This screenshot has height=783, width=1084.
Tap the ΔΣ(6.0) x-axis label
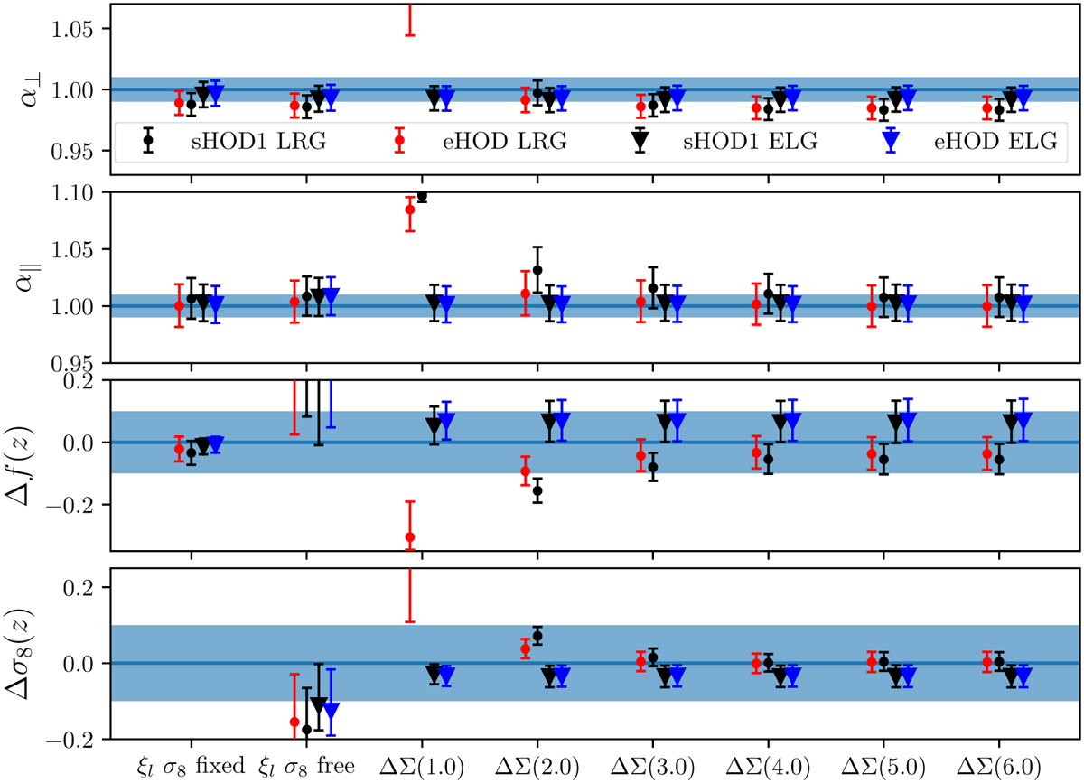999,766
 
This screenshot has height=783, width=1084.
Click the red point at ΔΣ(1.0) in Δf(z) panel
410,537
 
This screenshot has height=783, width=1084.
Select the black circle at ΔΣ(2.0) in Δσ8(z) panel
537,637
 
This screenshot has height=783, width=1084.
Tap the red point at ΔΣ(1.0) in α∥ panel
410,210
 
